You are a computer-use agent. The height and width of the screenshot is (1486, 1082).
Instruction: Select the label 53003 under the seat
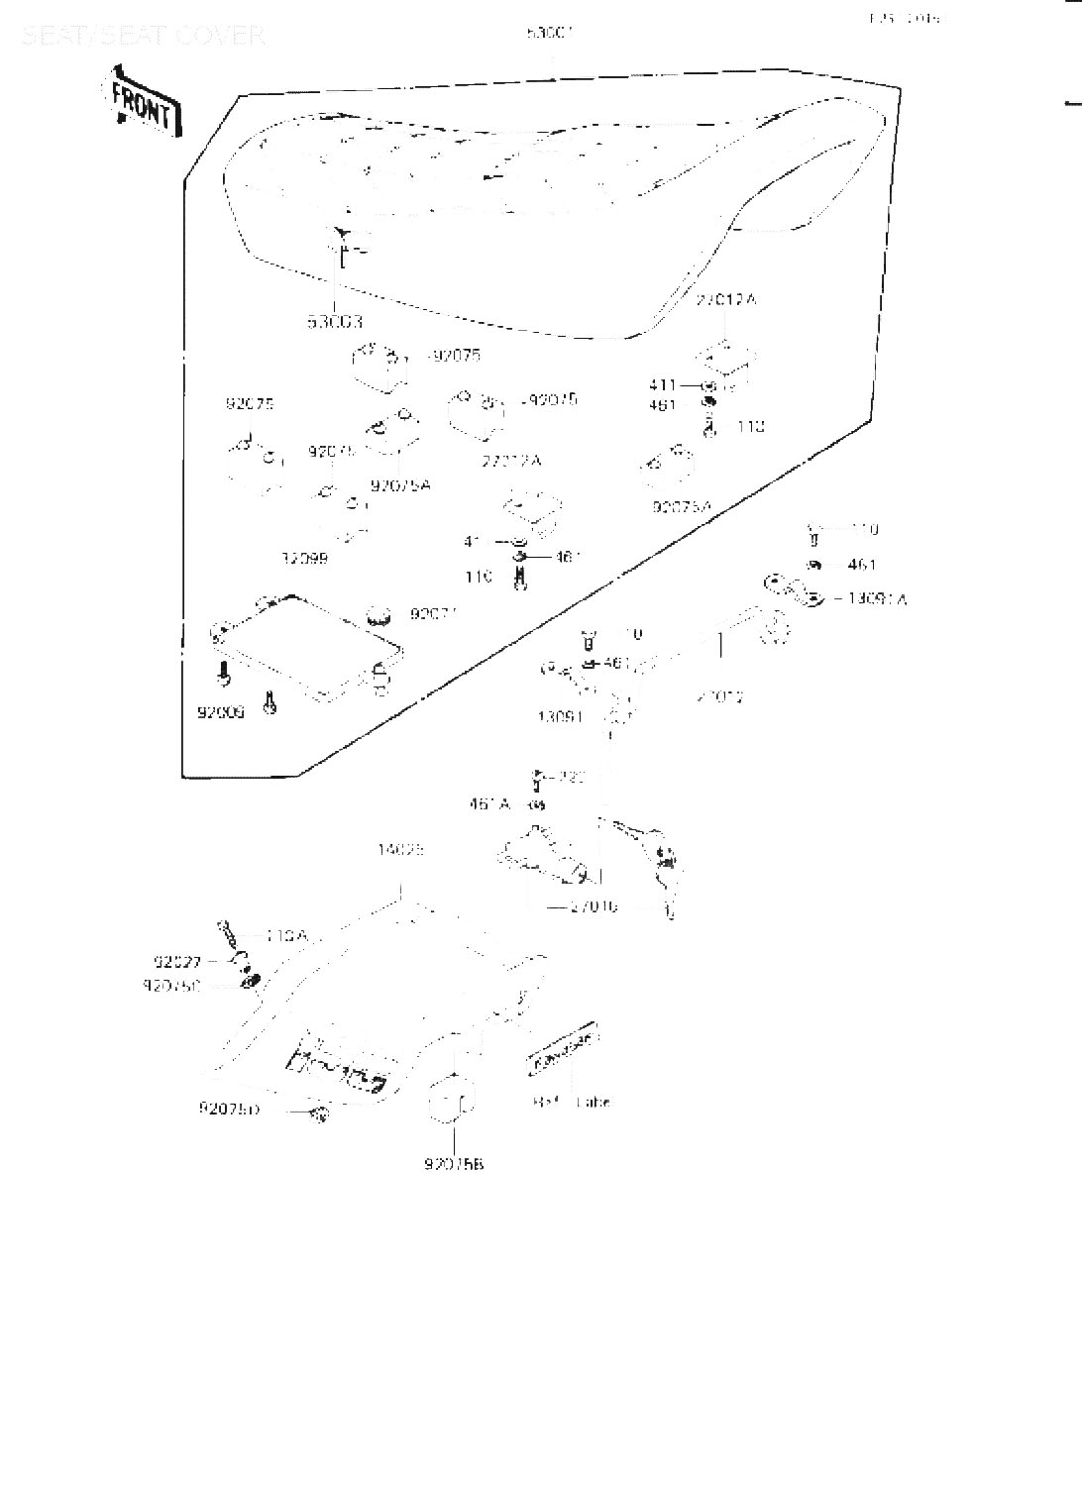coord(334,322)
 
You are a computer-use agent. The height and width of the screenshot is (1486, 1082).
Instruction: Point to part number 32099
coord(304,559)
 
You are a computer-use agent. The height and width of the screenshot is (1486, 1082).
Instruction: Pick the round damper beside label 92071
coord(377,616)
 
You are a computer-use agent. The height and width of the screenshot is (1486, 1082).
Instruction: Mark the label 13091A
coord(877,598)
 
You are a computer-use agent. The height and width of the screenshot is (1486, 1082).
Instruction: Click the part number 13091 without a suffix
coord(560,716)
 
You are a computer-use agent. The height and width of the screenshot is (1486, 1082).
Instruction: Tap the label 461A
coord(489,804)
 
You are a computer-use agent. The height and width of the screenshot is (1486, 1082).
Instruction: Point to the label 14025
coord(400,850)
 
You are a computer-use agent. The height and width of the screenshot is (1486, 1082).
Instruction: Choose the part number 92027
coord(177,961)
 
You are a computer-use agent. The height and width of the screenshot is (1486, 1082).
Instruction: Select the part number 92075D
coord(229,1110)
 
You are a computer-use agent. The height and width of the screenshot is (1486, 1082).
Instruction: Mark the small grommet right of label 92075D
coord(319,1114)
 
